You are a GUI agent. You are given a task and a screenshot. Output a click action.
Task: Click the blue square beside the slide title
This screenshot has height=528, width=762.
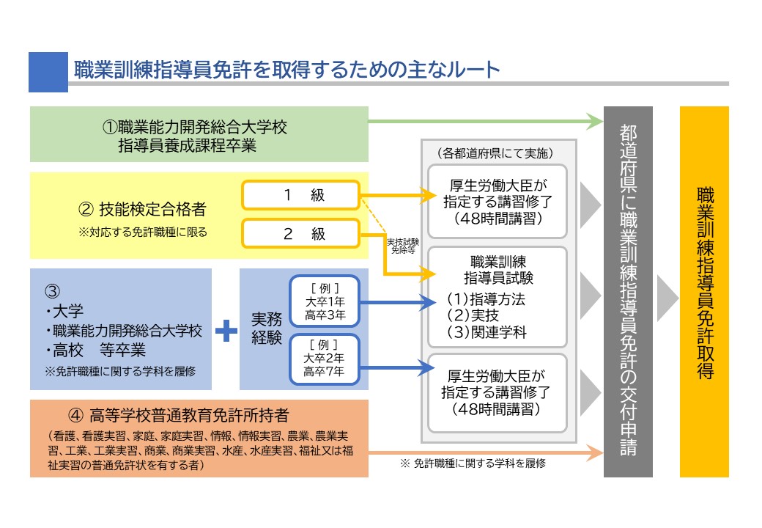click(x=48, y=71)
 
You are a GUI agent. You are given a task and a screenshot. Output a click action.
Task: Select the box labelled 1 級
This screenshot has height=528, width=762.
click(x=301, y=196)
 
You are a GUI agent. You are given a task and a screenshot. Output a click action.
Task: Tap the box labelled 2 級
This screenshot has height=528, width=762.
click(x=301, y=234)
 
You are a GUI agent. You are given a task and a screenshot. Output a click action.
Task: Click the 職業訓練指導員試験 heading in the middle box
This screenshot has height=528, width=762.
click(x=497, y=269)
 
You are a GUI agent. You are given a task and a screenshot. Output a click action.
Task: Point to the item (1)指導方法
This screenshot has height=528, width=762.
click(x=487, y=299)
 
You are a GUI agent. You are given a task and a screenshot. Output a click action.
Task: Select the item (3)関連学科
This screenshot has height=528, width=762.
click(x=487, y=331)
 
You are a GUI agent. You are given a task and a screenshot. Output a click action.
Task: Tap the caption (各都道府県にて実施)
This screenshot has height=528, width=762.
click(x=498, y=153)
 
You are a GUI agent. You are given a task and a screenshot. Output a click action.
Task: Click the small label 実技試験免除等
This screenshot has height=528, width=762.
click(x=403, y=245)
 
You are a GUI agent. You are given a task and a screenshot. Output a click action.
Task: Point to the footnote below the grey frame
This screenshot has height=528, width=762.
click(x=473, y=463)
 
